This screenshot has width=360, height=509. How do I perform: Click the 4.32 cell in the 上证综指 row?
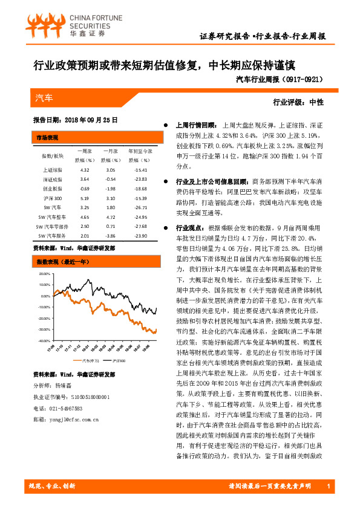click(x=85, y=170)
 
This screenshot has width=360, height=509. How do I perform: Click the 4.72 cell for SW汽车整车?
click(x=110, y=216)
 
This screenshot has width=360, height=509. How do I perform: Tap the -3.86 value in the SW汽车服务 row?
click(x=110, y=235)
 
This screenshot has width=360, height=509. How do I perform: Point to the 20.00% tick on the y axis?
click(x=45, y=273)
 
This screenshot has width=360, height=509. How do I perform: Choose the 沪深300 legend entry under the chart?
click(x=119, y=361)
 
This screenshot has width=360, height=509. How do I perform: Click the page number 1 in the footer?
click(x=327, y=486)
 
